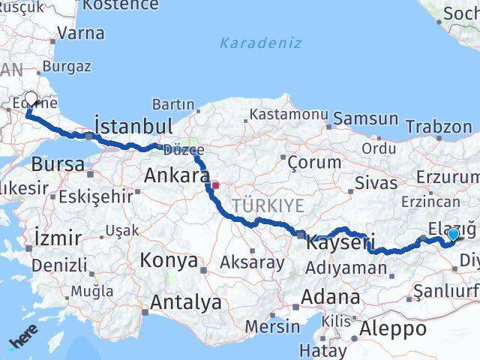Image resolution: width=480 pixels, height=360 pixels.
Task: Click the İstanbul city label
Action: [x=133, y=125]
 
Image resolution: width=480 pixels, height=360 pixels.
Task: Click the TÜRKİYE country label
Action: [x=268, y=206]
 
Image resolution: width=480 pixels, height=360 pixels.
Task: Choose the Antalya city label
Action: [x=186, y=303]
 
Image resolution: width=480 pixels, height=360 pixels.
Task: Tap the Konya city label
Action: [x=169, y=261]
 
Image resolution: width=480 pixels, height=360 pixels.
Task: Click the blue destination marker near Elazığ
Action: [x=453, y=235]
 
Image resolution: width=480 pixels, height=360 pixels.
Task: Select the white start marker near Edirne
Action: [x=31, y=99]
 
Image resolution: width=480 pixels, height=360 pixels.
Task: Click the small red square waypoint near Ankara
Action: [x=215, y=184]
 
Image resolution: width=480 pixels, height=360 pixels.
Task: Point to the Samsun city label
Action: [x=365, y=118]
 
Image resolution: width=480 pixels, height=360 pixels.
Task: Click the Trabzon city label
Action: [x=439, y=127]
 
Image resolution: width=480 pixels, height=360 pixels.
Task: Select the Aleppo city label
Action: [x=393, y=328]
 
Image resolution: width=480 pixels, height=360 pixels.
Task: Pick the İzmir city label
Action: [x=58, y=239]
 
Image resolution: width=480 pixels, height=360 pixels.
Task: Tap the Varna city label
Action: [x=80, y=34]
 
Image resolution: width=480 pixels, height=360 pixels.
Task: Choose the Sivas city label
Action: [x=376, y=183]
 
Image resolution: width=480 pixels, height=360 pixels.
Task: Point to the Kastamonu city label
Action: [x=289, y=115]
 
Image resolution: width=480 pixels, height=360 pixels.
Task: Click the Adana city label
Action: [x=330, y=297]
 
